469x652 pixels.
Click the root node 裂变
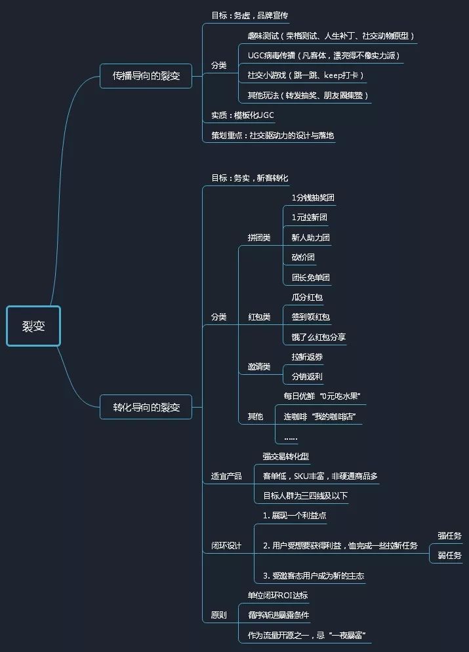33,326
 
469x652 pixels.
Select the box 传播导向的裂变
146,76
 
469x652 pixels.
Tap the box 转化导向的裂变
146,407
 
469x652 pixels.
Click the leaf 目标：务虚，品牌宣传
240,15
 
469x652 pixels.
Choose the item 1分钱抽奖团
314,197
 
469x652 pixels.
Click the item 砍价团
304,257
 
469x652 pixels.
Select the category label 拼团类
259,237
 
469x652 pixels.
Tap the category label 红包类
259,317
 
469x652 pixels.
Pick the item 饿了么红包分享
319,337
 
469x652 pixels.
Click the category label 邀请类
259,367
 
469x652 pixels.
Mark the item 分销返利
307,377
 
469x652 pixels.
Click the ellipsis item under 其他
291,437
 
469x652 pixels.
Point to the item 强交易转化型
286,457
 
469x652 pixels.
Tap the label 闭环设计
226,546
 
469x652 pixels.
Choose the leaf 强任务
449,535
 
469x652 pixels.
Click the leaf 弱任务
449,556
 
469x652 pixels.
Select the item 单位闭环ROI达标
277,596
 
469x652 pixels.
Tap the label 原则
219,616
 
